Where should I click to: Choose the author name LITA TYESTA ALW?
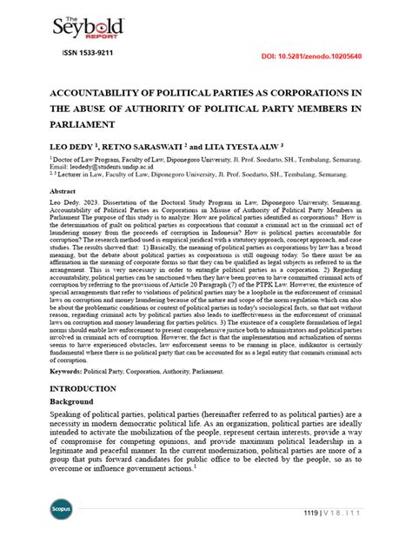250,148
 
